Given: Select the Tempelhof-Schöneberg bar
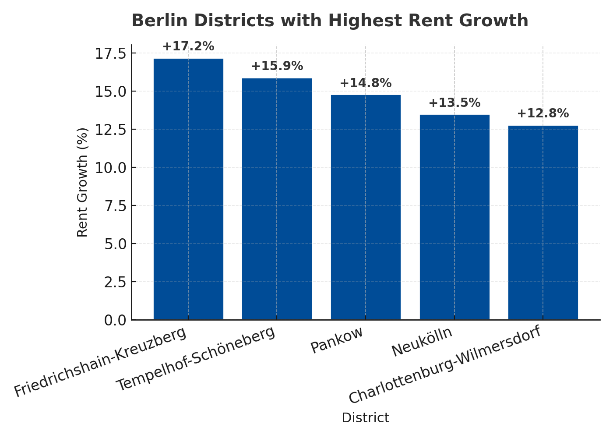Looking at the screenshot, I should [x=277, y=199].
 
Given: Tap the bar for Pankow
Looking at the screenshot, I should [x=366, y=208].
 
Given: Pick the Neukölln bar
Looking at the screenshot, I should [x=454, y=217].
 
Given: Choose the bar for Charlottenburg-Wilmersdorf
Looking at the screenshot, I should [x=543, y=223].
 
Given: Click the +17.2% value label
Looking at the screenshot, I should [x=188, y=46].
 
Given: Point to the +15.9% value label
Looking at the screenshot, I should [x=277, y=66].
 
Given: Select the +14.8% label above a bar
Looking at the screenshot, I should [x=366, y=83].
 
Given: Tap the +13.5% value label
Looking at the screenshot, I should [x=454, y=103].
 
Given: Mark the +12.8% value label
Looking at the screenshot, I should [x=543, y=113].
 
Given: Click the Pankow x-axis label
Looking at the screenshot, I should [x=337, y=340].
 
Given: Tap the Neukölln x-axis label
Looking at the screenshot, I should [x=422, y=343].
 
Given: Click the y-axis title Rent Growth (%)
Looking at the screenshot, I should [x=82, y=182].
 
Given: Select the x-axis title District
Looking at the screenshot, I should [x=365, y=418].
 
